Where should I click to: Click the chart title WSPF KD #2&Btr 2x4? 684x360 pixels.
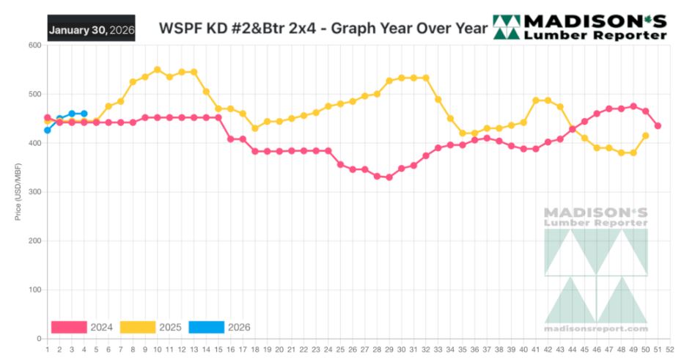tap(323, 29)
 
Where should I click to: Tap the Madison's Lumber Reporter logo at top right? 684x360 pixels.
tap(580, 27)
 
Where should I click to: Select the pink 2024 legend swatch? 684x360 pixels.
tap(69, 327)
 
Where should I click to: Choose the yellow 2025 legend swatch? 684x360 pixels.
tap(138, 327)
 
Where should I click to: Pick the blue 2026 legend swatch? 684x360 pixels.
tap(206, 327)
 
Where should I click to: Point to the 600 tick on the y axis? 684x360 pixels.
tap(34, 45)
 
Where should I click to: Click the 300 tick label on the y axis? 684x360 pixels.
tap(34, 192)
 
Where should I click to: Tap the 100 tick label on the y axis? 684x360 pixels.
tap(34, 290)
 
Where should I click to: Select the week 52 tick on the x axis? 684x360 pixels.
tap(670, 349)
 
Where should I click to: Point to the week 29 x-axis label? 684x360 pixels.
tap(389, 349)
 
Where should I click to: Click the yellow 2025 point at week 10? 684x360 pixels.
tap(157, 70)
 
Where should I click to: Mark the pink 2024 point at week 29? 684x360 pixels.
tap(389, 177)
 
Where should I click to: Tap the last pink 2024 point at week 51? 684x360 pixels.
tap(658, 126)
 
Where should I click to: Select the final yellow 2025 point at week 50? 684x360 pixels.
tap(645, 136)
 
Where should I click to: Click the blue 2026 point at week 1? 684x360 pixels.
tap(48, 130)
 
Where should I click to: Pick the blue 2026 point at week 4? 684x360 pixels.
tap(84, 114)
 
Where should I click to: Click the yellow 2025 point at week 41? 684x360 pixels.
tap(535, 100)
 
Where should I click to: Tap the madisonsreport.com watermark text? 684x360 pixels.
tap(596, 328)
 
